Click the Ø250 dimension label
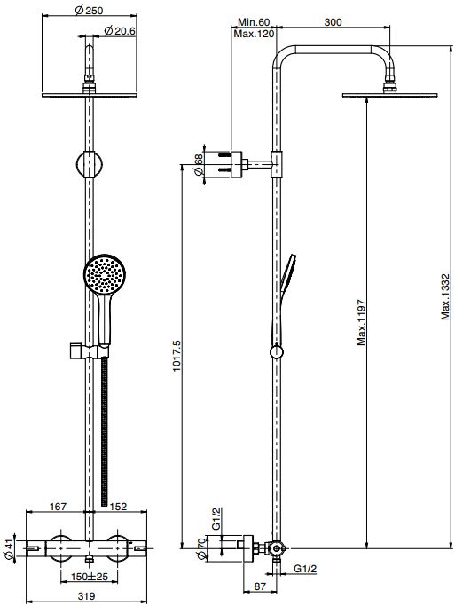(89, 10)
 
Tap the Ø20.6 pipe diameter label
(120, 31)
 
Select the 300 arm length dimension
(333, 22)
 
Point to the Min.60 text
(254, 22)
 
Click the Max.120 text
(254, 34)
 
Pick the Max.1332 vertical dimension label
(446, 296)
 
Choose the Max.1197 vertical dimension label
(361, 322)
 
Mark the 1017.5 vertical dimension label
(177, 356)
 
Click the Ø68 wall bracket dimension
(198, 165)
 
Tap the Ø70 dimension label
(200, 549)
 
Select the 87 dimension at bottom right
(260, 586)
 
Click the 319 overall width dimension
(86, 596)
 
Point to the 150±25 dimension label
(90, 577)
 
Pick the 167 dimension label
(58, 506)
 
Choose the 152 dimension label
(118, 506)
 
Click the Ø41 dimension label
(9, 549)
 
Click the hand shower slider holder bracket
(90, 351)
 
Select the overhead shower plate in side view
(389, 95)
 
